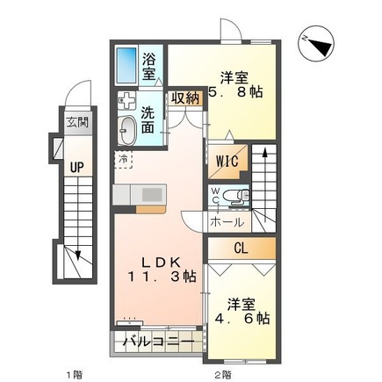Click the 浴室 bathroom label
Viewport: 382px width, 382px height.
151,67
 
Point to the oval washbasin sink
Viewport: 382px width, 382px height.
126,130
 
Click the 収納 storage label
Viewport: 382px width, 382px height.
185,97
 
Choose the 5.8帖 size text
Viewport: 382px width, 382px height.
238,90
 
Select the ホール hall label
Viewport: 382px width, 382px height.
227,222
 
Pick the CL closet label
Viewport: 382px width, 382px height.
241,250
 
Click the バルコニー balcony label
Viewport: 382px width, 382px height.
158,340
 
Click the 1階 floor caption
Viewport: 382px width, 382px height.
72,373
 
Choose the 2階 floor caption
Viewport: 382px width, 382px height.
222,373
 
